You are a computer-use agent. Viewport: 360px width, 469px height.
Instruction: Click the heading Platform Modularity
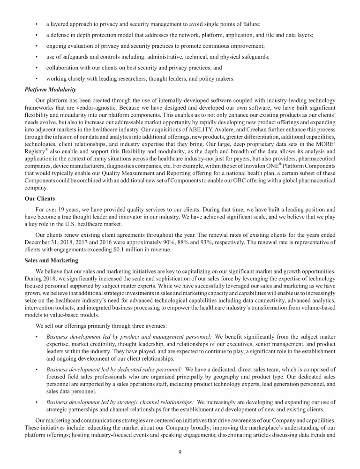coord(46,90)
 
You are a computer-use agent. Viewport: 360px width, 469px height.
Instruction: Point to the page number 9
coord(180,452)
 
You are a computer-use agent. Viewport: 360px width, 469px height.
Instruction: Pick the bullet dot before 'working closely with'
coord(37,78)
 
